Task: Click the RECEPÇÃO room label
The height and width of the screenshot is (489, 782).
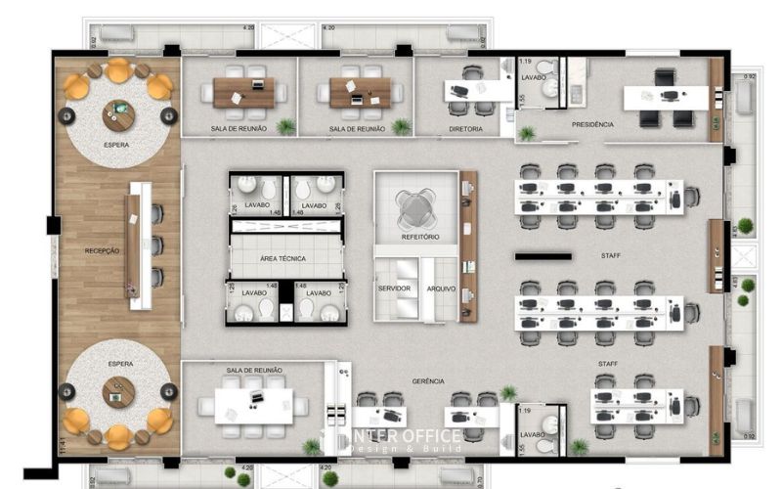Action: [x=102, y=251]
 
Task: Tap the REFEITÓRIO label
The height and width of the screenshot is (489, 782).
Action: [x=420, y=238]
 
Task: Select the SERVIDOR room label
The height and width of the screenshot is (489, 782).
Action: [x=394, y=289]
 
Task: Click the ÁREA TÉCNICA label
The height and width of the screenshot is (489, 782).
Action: [x=282, y=258]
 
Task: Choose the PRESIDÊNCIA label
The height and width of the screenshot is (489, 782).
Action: [x=592, y=125]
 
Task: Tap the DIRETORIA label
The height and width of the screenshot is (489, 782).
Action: [x=465, y=128]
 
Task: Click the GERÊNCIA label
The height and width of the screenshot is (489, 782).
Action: [x=428, y=380]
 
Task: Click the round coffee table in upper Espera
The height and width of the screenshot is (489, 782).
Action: [x=118, y=115]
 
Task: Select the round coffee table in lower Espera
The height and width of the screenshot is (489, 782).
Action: [x=119, y=392]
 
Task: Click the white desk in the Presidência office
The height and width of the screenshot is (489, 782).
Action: [x=666, y=96]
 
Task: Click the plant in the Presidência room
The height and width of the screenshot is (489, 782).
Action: [x=527, y=133]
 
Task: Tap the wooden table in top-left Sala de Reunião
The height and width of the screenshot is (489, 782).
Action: [x=243, y=92]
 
